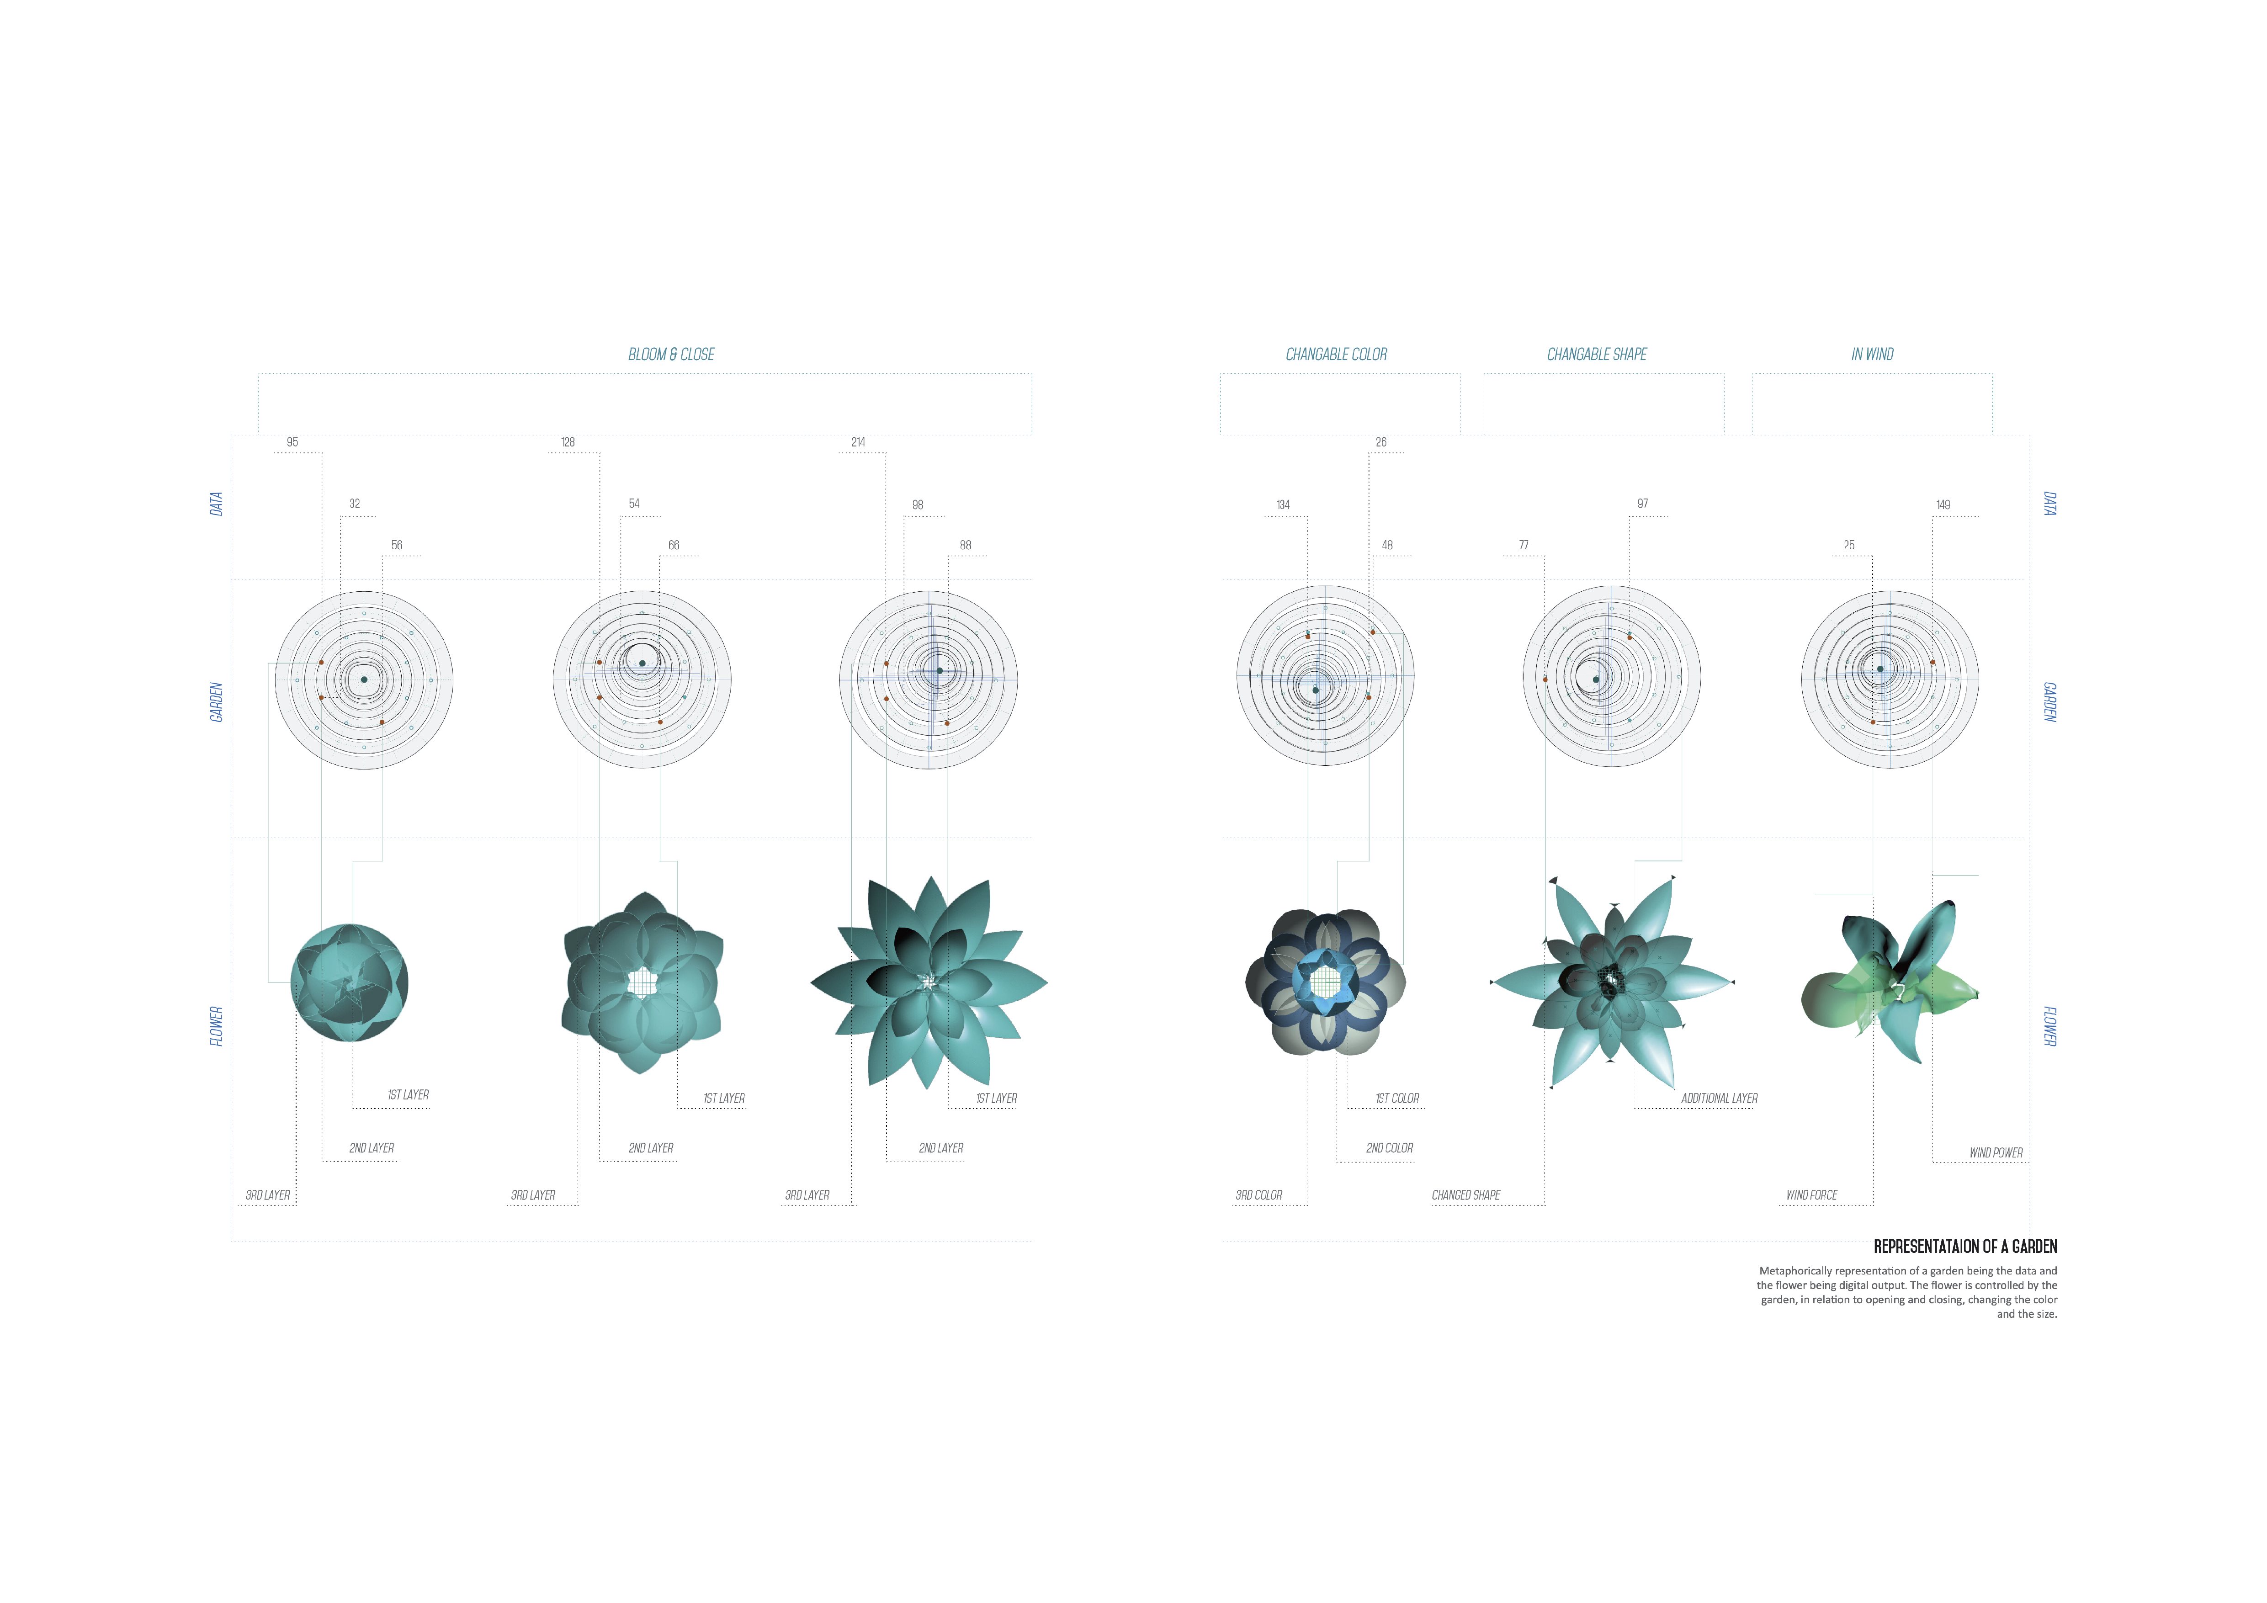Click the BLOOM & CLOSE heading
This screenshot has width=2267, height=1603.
click(671, 354)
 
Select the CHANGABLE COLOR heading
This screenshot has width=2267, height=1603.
click(1336, 354)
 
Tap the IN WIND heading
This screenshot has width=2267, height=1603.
click(1872, 354)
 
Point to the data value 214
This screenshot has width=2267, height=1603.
click(858, 442)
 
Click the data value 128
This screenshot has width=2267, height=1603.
click(568, 442)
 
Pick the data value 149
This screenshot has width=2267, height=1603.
click(1943, 504)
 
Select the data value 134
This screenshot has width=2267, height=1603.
click(1283, 504)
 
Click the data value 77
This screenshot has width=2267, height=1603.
click(1524, 545)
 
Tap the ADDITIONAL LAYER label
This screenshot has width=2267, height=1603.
click(1719, 1099)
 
